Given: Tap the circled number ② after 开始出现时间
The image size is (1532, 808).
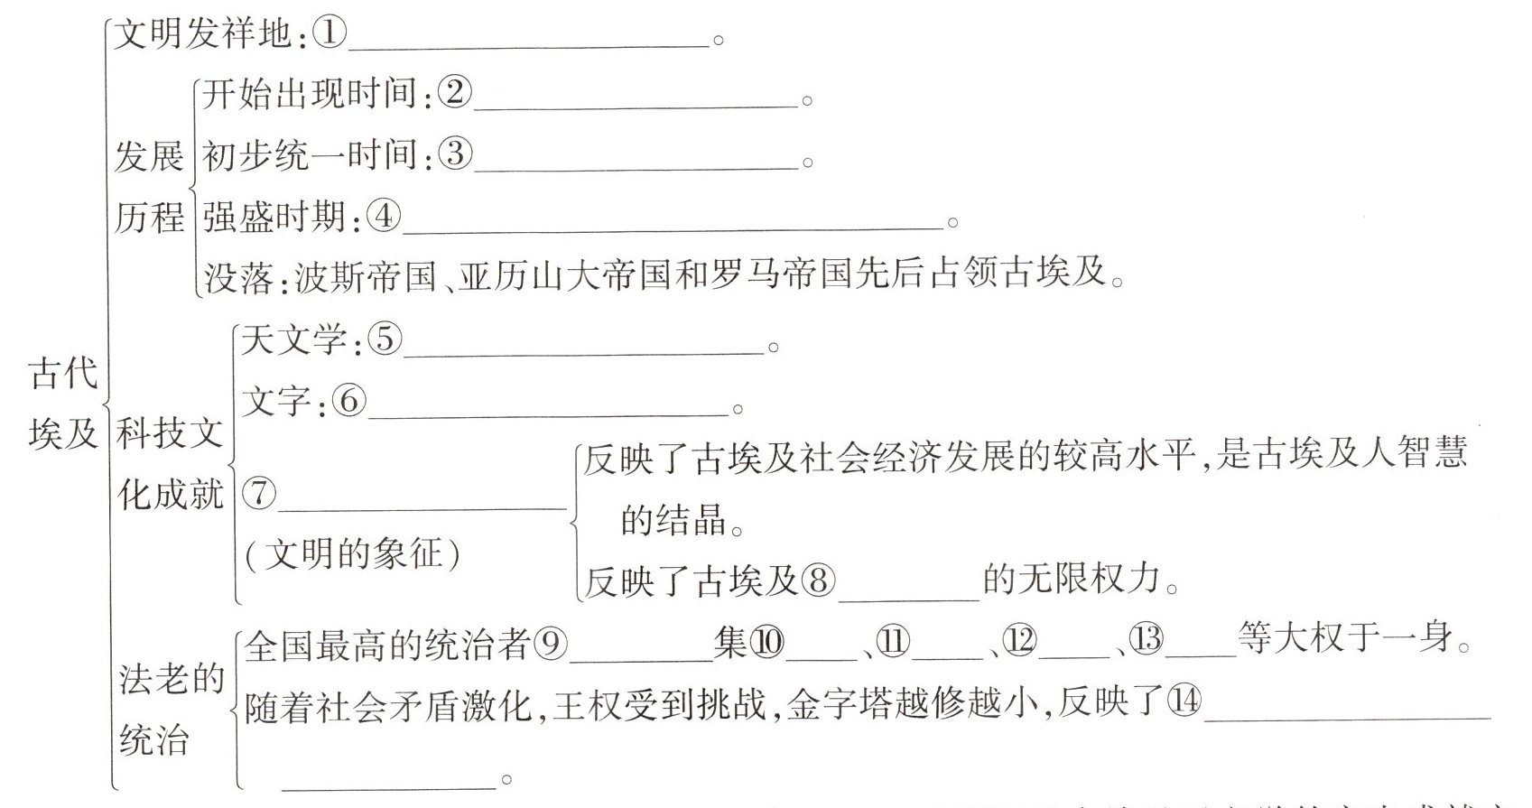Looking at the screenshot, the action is [x=454, y=93].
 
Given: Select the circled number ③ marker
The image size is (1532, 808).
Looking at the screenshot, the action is [x=454, y=154].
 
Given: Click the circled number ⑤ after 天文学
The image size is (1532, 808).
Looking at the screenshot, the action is [x=385, y=340].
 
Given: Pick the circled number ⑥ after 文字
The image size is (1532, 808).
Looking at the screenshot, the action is [x=348, y=401].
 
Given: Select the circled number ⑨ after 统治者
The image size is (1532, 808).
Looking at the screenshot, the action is [x=551, y=643].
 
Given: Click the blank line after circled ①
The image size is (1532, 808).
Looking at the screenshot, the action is [x=529, y=43].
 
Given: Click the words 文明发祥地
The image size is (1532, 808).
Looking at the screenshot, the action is [x=203, y=34].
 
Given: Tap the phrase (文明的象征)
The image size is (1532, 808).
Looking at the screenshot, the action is [x=353, y=553].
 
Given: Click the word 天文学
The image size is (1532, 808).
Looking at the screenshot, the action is [x=293, y=340].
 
